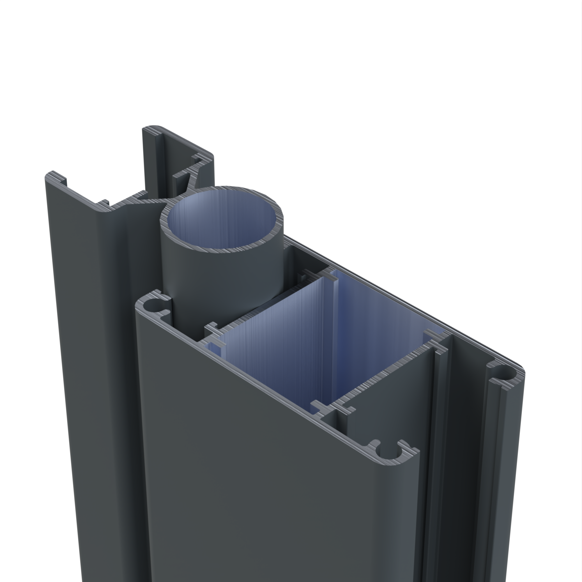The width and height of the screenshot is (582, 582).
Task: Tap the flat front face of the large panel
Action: point(271,482)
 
